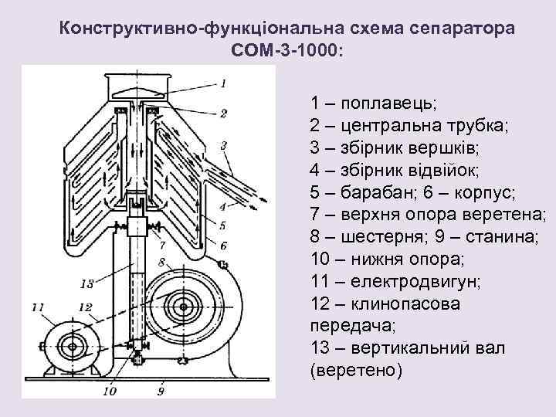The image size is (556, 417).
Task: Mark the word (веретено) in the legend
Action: coord(355,370)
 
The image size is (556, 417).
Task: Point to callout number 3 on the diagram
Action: coord(223,144)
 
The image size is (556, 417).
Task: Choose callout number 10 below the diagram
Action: coord(107,391)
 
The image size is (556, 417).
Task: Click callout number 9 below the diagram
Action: coord(161,391)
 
